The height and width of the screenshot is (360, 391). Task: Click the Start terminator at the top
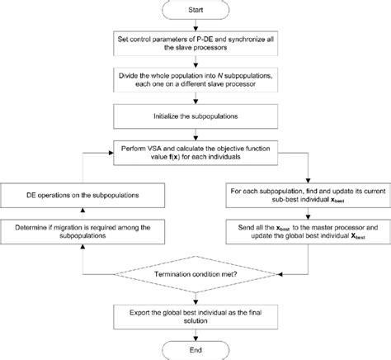195,11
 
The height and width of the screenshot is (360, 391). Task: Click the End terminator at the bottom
195,349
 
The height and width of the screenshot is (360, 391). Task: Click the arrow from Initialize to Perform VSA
195,135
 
